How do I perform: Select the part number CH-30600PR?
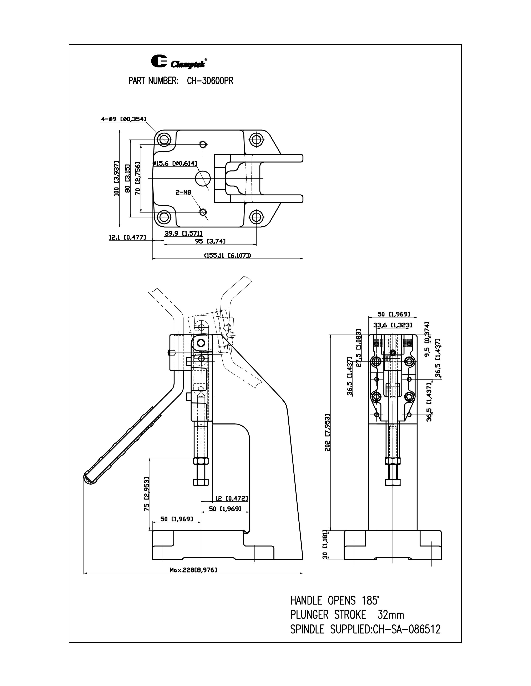210,81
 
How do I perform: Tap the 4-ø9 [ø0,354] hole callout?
123,119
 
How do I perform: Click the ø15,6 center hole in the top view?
203,178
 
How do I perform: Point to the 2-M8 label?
183,192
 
